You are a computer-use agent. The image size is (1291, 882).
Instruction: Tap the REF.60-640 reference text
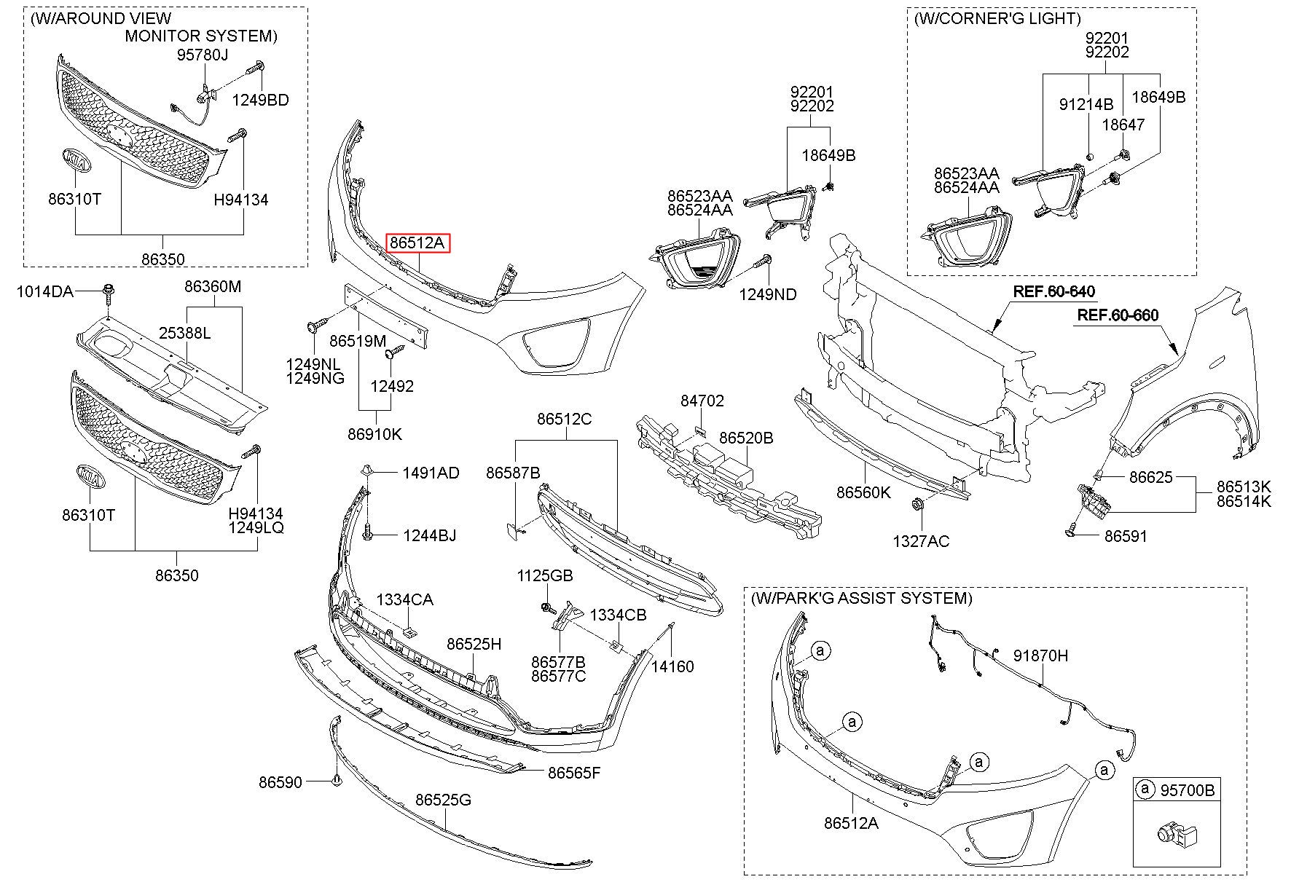[x=1053, y=292]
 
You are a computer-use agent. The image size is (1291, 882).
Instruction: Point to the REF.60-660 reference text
[x=1117, y=315]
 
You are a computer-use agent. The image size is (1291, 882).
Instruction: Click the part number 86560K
[x=863, y=492]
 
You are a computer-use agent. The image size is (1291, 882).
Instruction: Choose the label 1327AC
[x=921, y=541]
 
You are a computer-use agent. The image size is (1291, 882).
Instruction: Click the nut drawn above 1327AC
[x=918, y=503]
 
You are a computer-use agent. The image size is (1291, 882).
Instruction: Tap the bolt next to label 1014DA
[x=109, y=292]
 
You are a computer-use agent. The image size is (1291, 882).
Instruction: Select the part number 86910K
[x=374, y=435]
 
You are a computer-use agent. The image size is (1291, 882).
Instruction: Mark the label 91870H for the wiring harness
[x=1040, y=655]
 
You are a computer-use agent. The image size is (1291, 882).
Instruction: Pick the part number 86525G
[x=444, y=800]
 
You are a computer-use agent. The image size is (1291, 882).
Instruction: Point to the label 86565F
[x=574, y=773]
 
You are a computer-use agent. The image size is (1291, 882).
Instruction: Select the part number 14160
[x=672, y=666]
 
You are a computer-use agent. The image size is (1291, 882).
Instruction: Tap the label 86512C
[x=565, y=420]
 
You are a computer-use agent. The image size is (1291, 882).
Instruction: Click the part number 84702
[x=702, y=401]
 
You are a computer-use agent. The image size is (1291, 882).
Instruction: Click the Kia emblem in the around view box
[x=76, y=161]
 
